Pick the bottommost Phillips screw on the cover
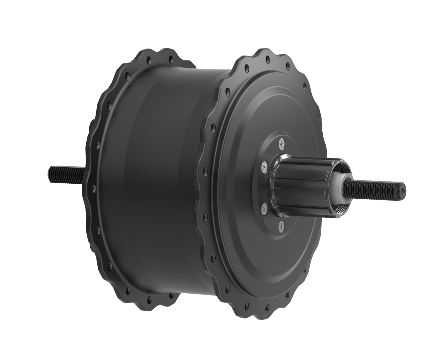tap(281, 227)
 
